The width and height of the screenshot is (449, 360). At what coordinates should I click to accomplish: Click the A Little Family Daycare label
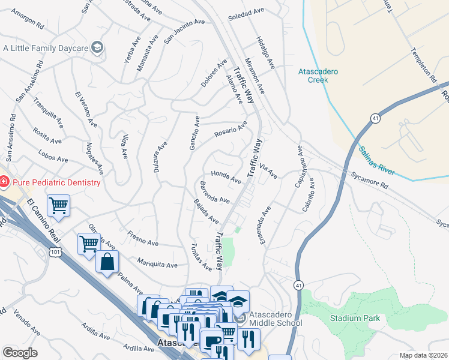(x=46, y=47)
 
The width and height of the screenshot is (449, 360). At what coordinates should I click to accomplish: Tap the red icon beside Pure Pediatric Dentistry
(x=4, y=181)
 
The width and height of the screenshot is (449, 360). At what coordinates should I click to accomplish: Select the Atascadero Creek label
(x=318, y=76)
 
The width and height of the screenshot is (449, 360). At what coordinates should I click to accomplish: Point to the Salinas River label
(x=377, y=161)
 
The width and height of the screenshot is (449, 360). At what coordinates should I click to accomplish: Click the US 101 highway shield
(x=55, y=253)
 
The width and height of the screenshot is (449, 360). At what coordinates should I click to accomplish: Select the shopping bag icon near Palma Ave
(x=107, y=262)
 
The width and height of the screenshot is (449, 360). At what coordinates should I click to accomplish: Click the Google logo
(x=20, y=353)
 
